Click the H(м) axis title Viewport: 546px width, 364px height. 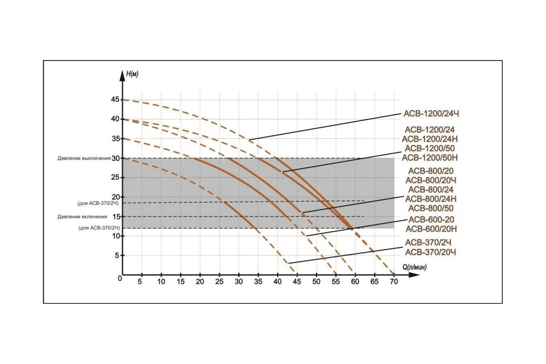click(x=132, y=75)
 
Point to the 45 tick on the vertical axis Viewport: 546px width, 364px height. click(x=115, y=99)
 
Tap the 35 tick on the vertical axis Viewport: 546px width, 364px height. click(x=115, y=138)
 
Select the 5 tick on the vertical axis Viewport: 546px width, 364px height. click(x=117, y=255)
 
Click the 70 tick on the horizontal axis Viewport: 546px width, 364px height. click(x=394, y=282)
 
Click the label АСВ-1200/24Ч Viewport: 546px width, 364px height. click(x=428, y=114)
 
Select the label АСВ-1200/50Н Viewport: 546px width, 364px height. click(x=429, y=158)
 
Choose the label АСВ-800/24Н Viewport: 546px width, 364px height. click(x=430, y=199)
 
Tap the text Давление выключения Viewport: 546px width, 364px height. click(x=84, y=158)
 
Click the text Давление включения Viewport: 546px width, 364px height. click(x=82, y=217)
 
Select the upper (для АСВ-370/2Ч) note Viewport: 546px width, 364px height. click(x=98, y=203)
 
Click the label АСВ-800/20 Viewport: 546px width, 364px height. click(x=430, y=171)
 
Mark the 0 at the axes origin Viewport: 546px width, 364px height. click(x=120, y=278)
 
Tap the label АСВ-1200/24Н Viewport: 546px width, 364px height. click(x=429, y=139)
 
